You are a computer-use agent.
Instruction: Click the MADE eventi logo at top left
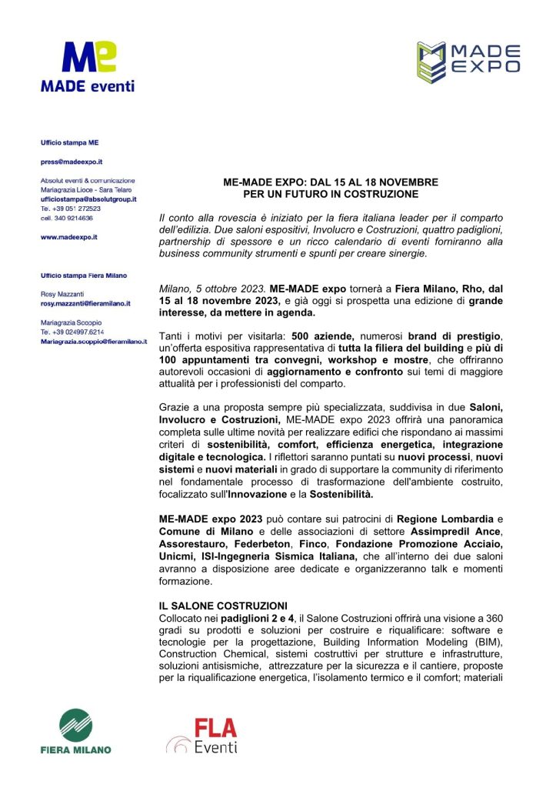pos(87,68)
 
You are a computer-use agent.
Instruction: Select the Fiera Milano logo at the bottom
pos(75,732)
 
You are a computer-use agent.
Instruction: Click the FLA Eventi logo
pos(202,735)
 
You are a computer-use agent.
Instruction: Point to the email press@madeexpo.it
pos(72,162)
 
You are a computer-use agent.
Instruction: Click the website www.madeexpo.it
pos(68,237)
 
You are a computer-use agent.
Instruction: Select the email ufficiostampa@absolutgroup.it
pos(88,199)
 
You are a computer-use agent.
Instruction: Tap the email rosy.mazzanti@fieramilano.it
pos(85,304)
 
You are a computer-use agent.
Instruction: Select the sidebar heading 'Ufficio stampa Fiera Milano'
pos(84,275)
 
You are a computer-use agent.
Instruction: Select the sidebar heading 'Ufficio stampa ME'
pos(69,142)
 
